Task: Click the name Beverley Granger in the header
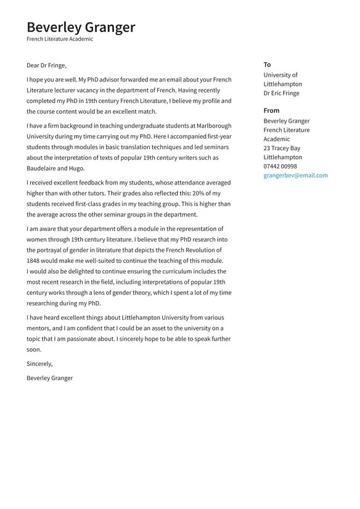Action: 81,27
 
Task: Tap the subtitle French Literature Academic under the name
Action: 60,39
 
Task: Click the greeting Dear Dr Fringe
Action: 46,65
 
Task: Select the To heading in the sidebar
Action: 267,64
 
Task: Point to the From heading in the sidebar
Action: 271,110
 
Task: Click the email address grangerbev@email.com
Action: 295,175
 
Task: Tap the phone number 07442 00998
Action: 280,166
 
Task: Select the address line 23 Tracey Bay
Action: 282,148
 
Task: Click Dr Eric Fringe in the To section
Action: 281,93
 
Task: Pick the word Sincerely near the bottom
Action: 39,364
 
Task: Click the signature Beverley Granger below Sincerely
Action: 49,378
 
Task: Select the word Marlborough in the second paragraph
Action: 210,126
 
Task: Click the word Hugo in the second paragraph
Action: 77,168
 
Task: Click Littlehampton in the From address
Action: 282,157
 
